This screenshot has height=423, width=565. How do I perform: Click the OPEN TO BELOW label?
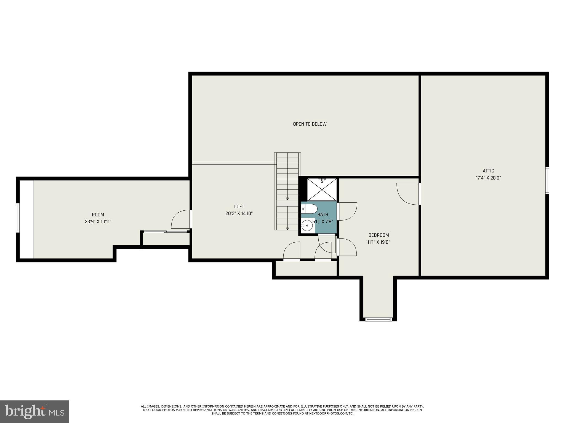coord(310,124)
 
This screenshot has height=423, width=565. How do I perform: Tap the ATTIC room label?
coord(488,171)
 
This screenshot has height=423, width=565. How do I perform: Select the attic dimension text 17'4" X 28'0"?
coord(488,178)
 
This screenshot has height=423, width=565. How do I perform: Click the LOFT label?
coord(239,206)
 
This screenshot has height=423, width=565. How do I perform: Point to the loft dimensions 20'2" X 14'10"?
coord(239,213)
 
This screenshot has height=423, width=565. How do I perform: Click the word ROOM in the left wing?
coord(98,215)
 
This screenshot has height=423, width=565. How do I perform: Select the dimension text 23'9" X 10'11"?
coord(98,222)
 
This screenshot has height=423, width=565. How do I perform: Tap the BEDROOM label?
coord(379,235)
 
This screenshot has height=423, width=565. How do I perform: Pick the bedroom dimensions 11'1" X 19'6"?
coord(379,242)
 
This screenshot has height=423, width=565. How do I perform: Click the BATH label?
coord(323,215)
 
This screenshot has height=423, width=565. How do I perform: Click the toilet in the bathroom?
coord(308,209)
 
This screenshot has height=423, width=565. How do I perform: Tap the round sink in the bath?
coord(307,226)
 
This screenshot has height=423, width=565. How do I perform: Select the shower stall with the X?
coord(322,189)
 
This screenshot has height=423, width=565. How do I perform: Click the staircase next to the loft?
coord(287,191)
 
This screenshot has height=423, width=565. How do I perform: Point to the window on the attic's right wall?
coord(547,180)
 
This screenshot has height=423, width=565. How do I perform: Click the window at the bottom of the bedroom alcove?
coord(378,319)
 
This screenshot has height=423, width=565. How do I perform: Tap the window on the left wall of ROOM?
coord(18,218)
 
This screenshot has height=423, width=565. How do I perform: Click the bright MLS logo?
coord(34,411)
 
